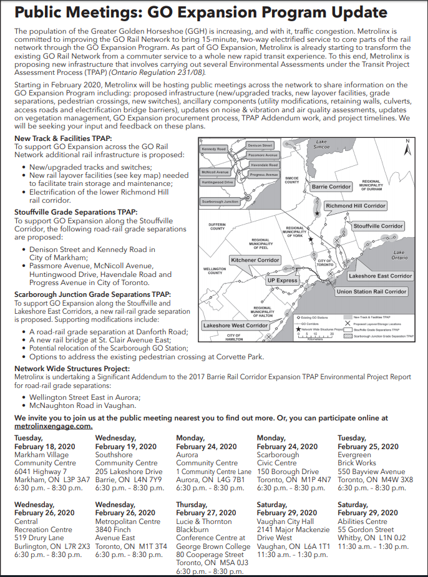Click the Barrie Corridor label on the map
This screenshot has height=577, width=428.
(x=331, y=187)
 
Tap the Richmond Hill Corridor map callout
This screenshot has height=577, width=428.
(x=356, y=206)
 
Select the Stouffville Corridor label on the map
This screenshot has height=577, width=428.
(x=378, y=226)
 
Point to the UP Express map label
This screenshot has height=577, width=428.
(x=283, y=281)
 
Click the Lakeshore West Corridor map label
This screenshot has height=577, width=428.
(x=235, y=326)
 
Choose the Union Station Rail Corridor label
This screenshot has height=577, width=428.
(x=371, y=291)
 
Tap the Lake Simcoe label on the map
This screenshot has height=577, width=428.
(x=321, y=145)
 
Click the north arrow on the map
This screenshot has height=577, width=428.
(x=407, y=148)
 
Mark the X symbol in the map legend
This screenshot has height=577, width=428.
(x=348, y=324)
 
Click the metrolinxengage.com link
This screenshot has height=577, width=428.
(x=54, y=426)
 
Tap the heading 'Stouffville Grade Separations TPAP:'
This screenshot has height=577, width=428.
(x=75, y=212)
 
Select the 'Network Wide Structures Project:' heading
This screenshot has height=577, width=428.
(x=72, y=369)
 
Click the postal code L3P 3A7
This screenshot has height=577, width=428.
(x=75, y=480)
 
